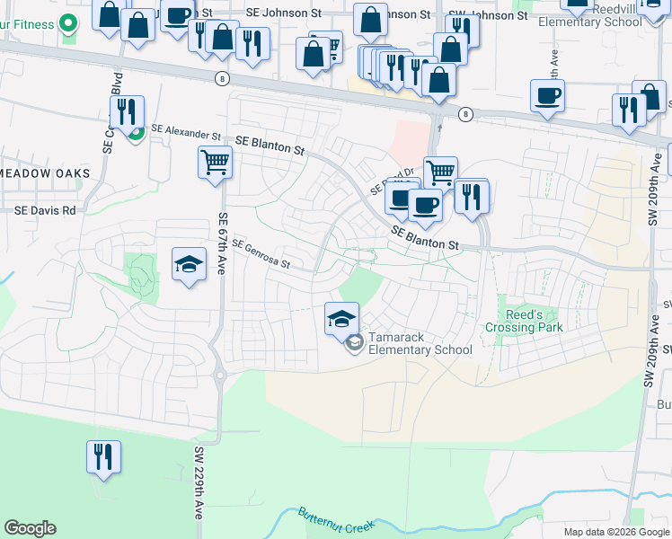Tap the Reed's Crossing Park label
(524, 321)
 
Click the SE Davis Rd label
(45, 210)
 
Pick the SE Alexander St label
(186, 132)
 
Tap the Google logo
(30, 528)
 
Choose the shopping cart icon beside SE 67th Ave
(216, 163)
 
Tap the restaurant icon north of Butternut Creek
(103, 455)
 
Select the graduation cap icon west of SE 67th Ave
(189, 264)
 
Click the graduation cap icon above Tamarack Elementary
(341, 318)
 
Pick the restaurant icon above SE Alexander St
(127, 111)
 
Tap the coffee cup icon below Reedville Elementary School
(546, 95)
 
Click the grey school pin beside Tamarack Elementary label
(355, 342)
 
